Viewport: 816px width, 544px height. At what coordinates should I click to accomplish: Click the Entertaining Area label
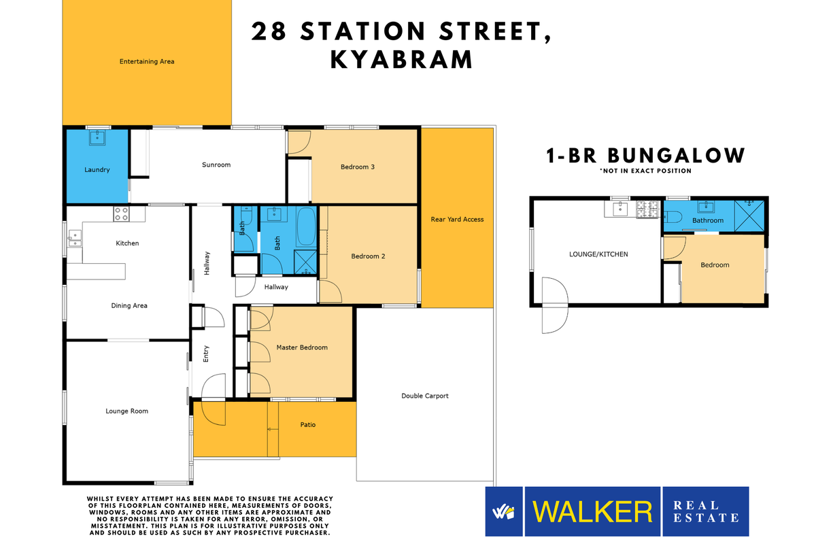click(147, 62)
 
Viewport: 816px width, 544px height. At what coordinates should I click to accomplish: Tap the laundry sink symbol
click(98, 137)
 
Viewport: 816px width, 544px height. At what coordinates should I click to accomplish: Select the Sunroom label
click(216, 165)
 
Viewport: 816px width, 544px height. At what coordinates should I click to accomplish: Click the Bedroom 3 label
click(357, 167)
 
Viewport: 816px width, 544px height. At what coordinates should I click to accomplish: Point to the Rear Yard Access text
click(457, 219)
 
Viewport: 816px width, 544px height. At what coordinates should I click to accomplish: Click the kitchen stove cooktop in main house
click(121, 214)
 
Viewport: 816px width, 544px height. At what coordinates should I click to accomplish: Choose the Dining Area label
click(129, 306)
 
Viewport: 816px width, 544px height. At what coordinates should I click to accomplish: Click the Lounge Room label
click(126, 411)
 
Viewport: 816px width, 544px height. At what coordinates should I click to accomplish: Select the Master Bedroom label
click(302, 347)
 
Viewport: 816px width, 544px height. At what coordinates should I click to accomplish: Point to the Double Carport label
click(425, 396)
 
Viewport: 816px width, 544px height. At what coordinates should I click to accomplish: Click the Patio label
click(308, 425)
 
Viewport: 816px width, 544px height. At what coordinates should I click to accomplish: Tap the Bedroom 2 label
click(368, 256)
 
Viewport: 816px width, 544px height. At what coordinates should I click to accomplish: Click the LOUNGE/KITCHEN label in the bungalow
click(598, 254)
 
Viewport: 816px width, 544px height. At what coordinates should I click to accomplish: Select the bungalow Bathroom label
click(708, 221)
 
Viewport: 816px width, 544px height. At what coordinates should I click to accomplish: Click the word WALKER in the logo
click(592, 511)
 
